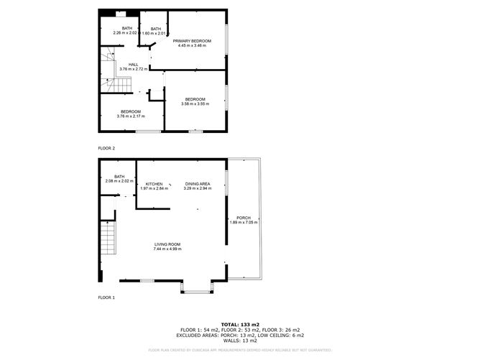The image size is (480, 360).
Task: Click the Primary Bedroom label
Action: [x=192, y=41]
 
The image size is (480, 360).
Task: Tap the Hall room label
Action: [x=133, y=65]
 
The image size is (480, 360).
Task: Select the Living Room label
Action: [x=167, y=244]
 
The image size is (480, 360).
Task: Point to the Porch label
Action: [x=243, y=218]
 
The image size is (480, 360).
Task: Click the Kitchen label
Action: [x=154, y=184]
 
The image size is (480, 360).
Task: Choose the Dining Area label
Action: [x=197, y=184]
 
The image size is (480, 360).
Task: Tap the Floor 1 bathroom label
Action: [x=119, y=177]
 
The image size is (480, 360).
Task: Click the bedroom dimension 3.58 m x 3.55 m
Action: [x=195, y=104]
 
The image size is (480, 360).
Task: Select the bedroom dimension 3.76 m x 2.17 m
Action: [x=130, y=116]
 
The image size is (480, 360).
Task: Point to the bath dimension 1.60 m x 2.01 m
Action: [x=154, y=34]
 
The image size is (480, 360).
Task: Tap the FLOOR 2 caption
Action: [x=106, y=148]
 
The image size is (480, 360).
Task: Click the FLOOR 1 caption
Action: [x=106, y=297]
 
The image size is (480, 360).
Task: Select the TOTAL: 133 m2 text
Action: [x=241, y=324]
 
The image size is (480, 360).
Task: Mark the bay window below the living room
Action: [x=195, y=289]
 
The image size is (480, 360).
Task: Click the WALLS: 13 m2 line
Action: [x=241, y=340]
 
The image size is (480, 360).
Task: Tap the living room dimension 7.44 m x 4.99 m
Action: [x=167, y=249]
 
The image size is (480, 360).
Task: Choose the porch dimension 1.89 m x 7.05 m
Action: [x=243, y=223]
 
